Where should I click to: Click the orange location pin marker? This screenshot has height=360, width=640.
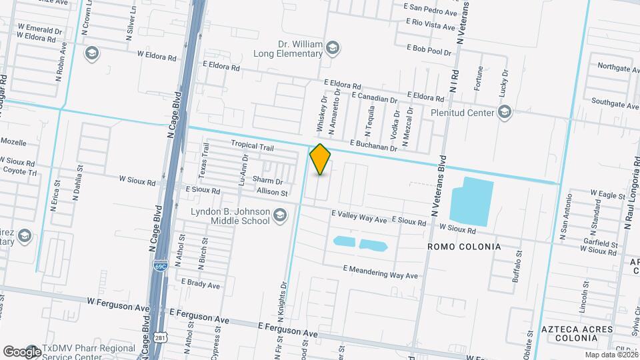tap(321, 159)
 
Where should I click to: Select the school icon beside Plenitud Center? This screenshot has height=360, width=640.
tap(505, 111)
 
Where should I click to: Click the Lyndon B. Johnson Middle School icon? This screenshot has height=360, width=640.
tap(281, 215)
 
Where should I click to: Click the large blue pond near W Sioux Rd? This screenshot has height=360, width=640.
tap(471, 200)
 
